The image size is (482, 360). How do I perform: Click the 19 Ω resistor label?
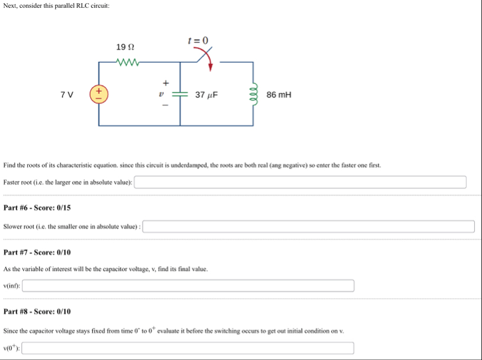pyautogui.click(x=125, y=47)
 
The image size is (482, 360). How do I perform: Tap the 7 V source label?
pyautogui.click(x=66, y=94)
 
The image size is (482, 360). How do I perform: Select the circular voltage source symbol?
pyautogui.click(x=99, y=93)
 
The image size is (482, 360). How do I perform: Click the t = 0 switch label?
pyautogui.click(x=198, y=40)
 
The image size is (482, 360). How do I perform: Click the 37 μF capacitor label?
pyautogui.click(x=206, y=94)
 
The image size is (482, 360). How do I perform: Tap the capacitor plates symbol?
pyautogui.click(x=180, y=94)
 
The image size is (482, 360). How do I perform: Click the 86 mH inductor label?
pyautogui.click(x=279, y=94)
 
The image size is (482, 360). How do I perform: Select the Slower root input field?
pyautogui.click(x=309, y=226)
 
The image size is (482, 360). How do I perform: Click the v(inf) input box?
pyautogui.click(x=188, y=286)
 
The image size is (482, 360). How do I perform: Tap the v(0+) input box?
pyautogui.click(x=188, y=348)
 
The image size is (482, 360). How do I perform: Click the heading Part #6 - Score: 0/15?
pyautogui.click(x=37, y=208)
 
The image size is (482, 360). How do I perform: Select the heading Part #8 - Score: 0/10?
pyautogui.click(x=37, y=311)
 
